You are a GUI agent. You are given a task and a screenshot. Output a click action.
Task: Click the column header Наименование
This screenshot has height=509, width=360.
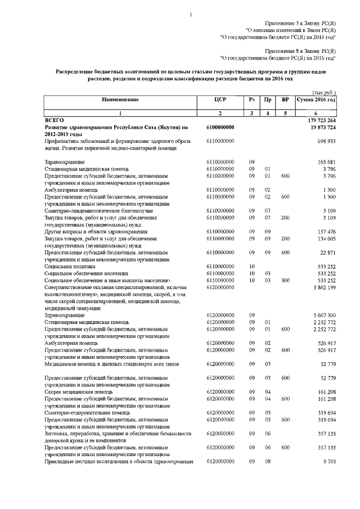click(x=120, y=100)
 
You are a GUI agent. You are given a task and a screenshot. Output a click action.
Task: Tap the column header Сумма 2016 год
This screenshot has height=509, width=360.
click(x=317, y=100)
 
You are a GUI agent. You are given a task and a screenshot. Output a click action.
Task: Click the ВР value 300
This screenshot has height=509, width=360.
click(x=285, y=280)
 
